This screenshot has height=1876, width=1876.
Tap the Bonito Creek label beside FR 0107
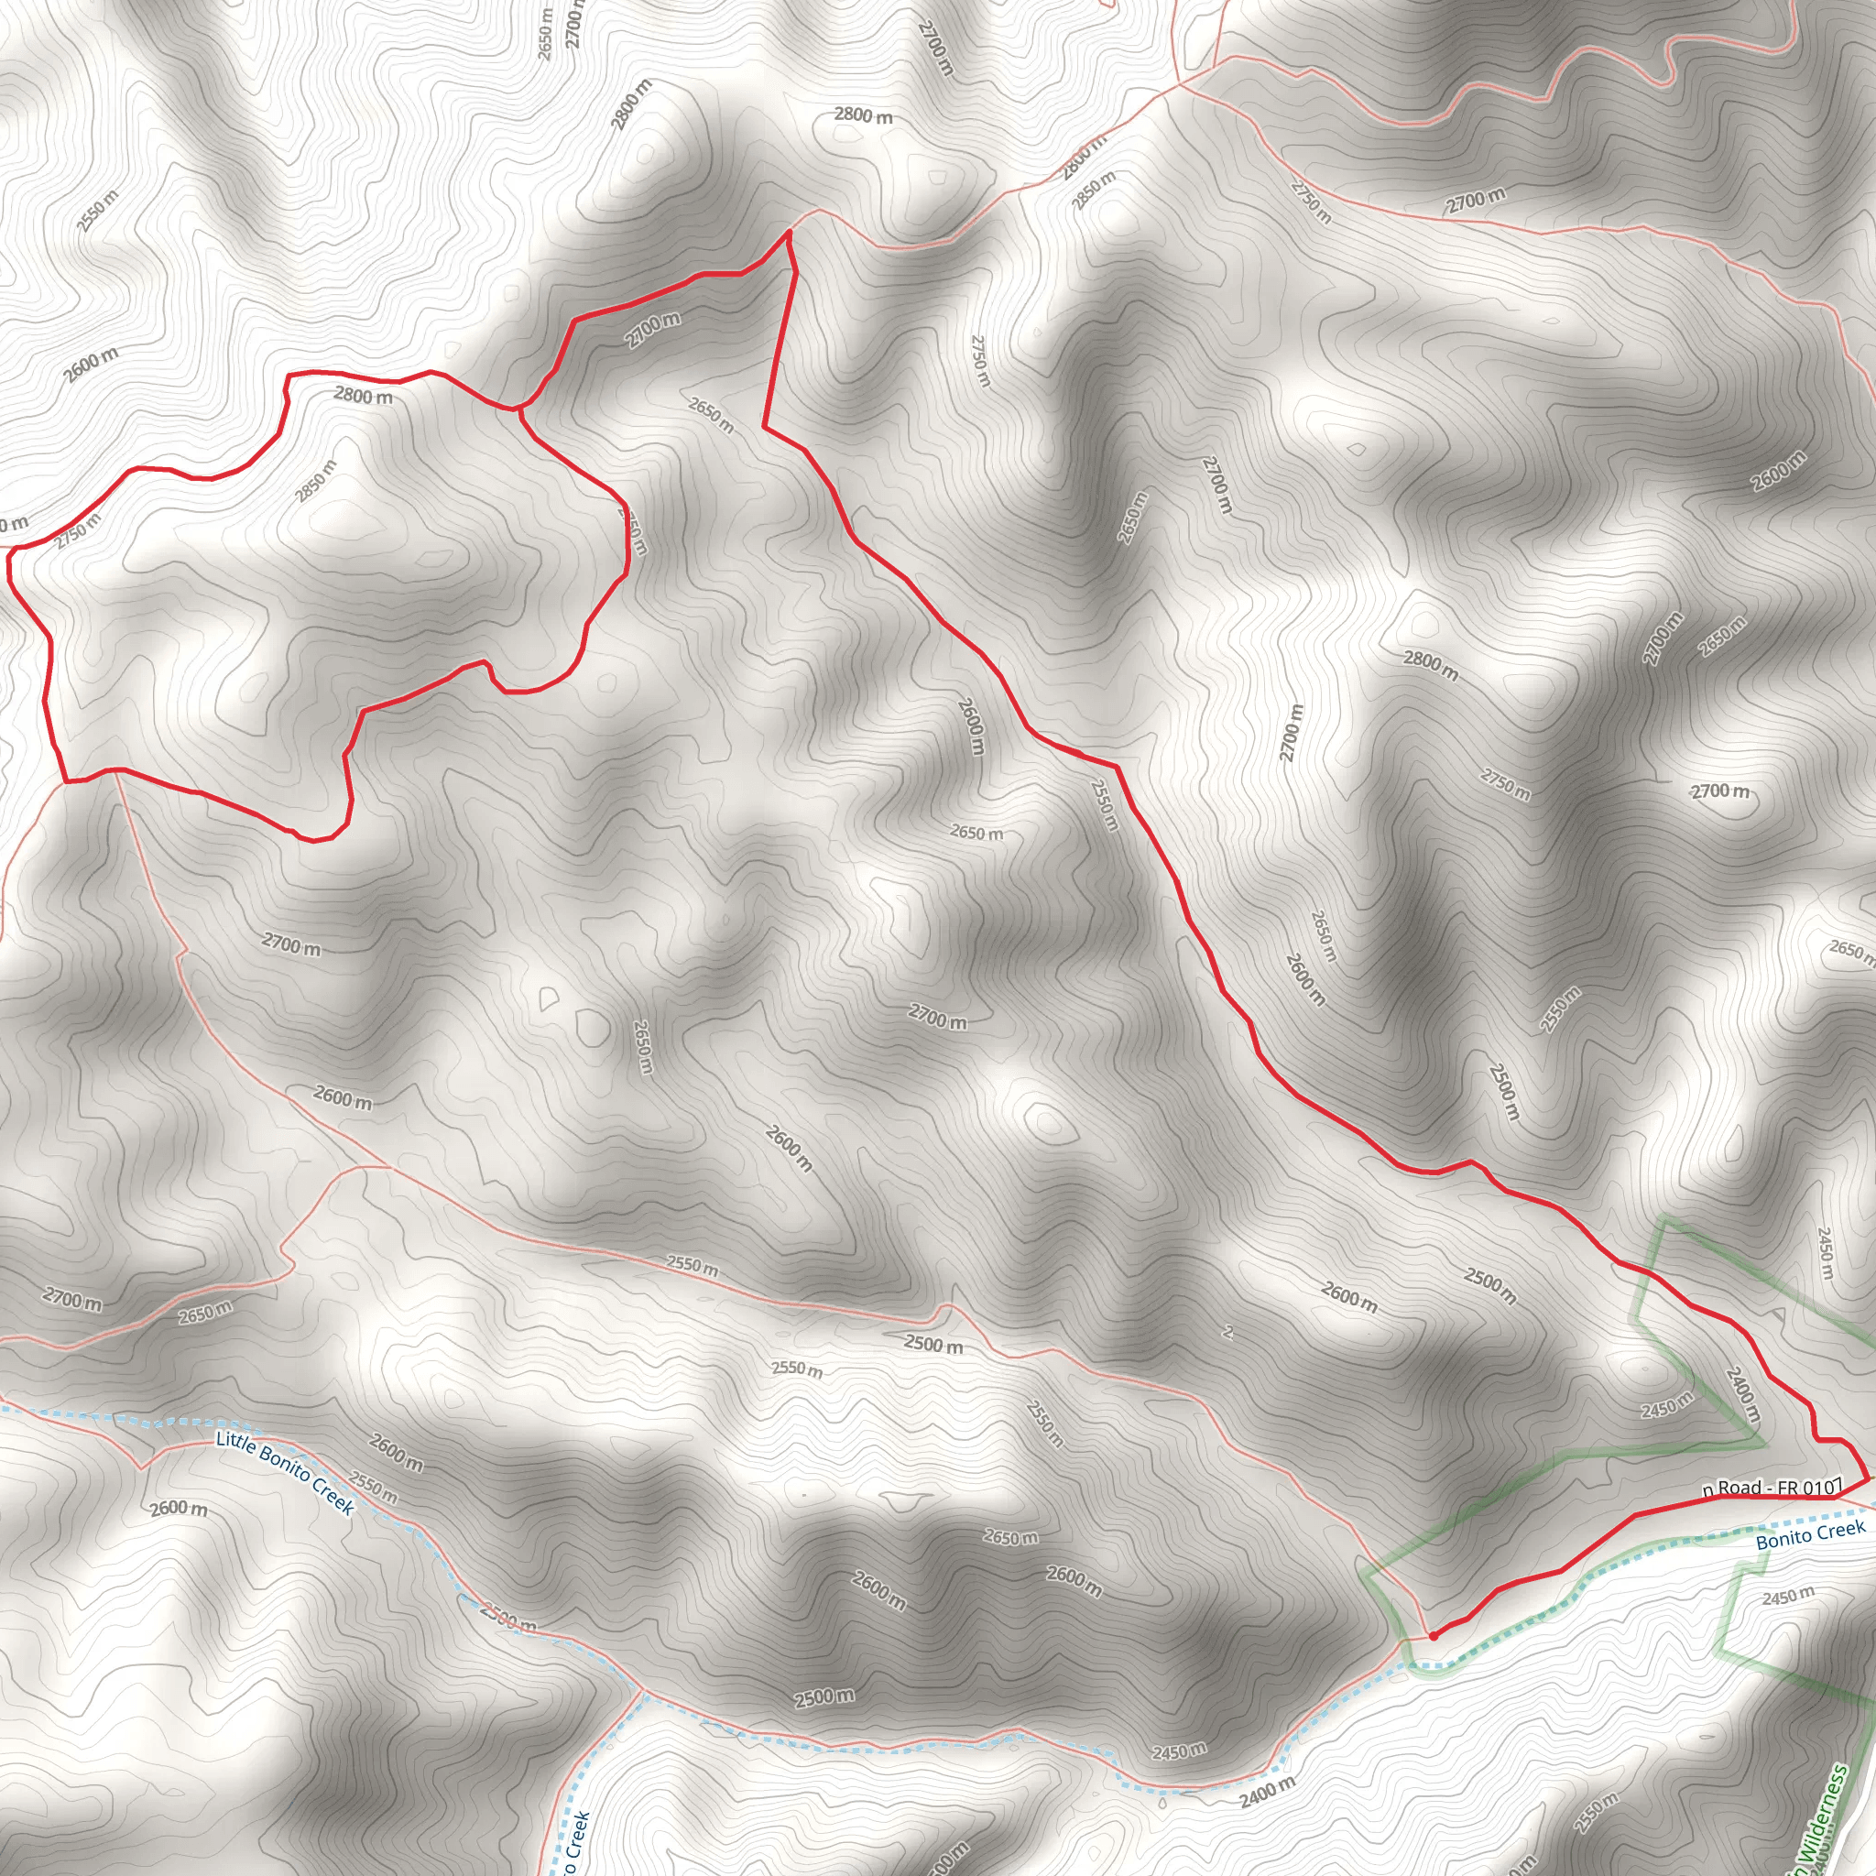(1810, 1535)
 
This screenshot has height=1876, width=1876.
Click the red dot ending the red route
(1434, 1636)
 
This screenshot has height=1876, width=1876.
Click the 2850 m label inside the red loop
(317, 482)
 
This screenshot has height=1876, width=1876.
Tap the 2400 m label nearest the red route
(1742, 1395)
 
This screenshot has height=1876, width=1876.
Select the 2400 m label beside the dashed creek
(1267, 1792)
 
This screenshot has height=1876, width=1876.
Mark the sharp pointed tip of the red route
(788, 232)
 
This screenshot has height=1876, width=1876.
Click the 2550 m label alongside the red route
(1104, 804)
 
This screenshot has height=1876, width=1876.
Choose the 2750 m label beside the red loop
(78, 531)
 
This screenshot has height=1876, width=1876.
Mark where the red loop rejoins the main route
(519, 408)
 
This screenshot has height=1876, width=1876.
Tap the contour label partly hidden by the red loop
(632, 533)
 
